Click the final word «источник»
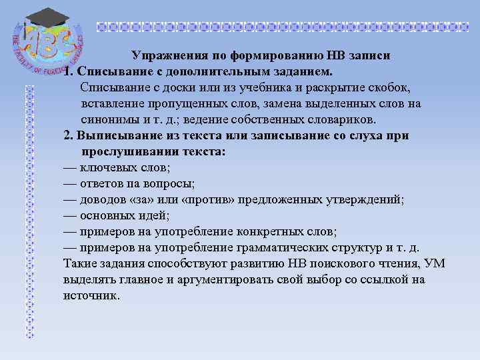[x=91, y=296]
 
